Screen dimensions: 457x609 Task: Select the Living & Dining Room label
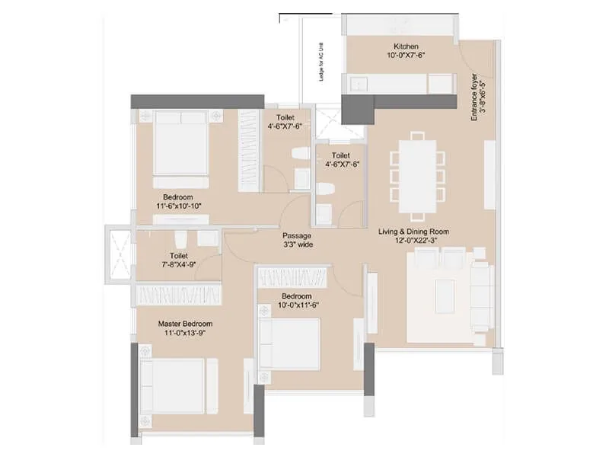[x=414, y=231]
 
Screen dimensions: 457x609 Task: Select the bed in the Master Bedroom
[x=174, y=386]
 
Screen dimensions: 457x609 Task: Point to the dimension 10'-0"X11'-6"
[x=296, y=305]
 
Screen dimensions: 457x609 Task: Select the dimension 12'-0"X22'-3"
[x=414, y=241]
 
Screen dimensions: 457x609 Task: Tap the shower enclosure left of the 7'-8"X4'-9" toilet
[x=120, y=254]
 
